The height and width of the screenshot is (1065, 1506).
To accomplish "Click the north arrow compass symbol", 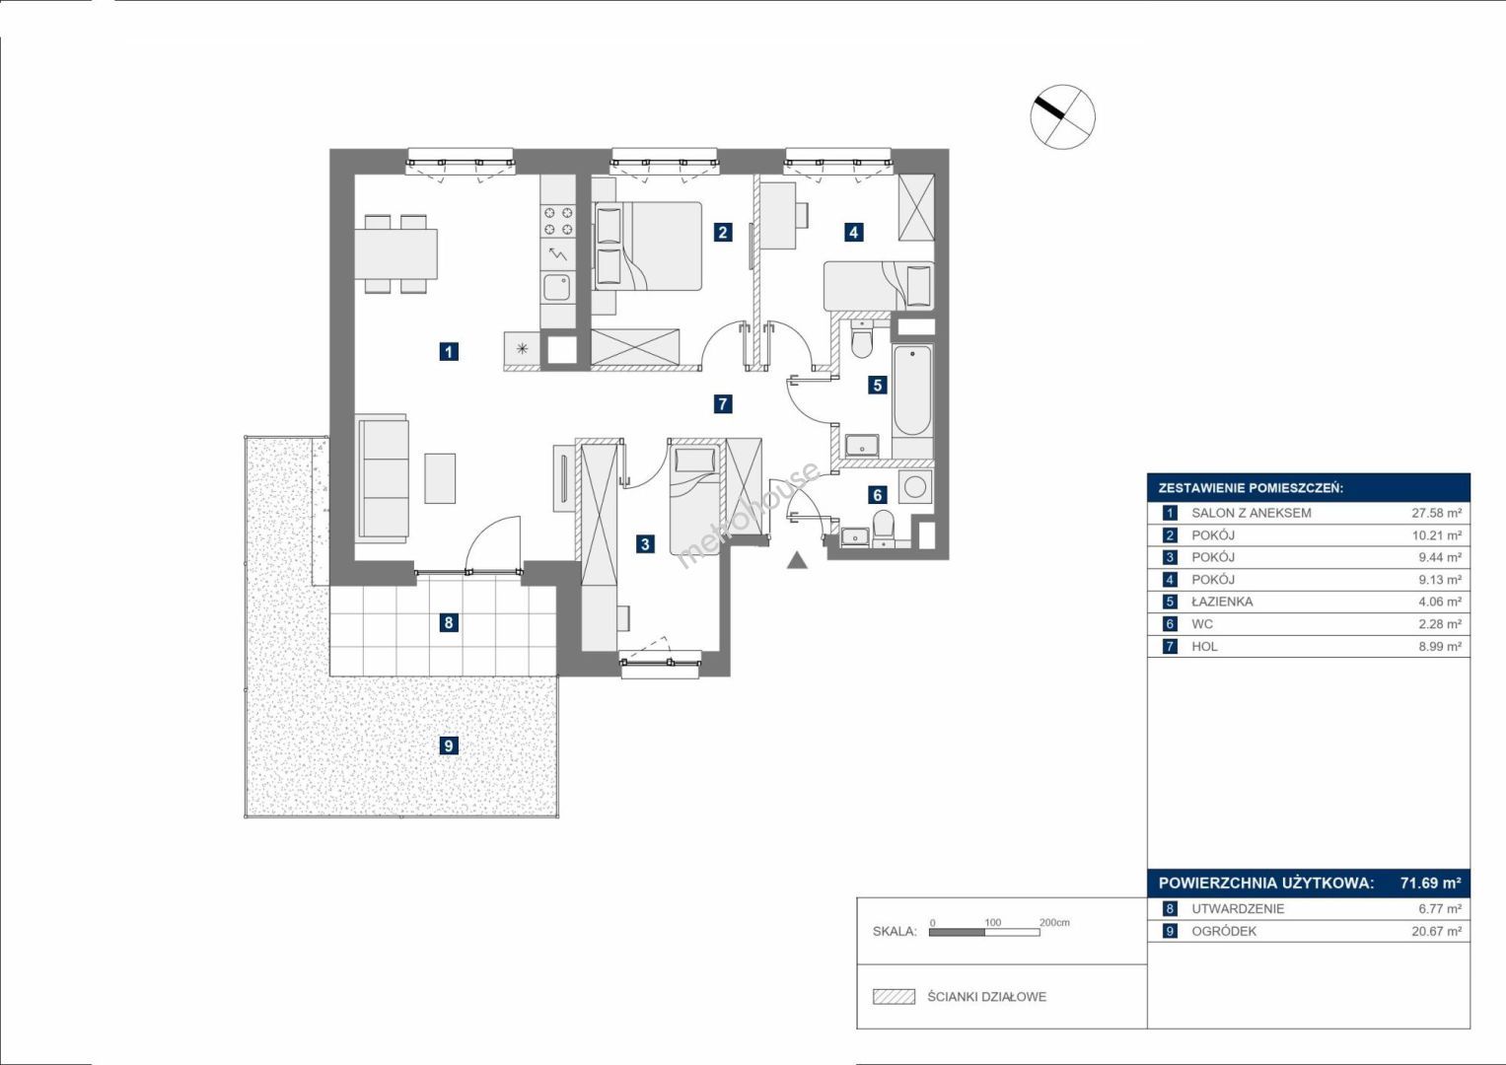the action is [x=1063, y=117].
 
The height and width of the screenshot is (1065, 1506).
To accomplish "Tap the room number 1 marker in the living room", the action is [x=449, y=351].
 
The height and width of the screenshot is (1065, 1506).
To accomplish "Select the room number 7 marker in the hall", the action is [x=722, y=403].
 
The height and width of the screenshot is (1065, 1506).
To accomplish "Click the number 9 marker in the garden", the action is [x=449, y=745].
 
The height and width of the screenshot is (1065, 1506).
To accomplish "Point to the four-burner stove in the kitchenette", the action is [x=558, y=221].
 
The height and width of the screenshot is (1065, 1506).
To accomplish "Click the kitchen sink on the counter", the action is [x=556, y=288].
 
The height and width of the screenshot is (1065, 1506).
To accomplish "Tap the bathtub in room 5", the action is [x=912, y=390].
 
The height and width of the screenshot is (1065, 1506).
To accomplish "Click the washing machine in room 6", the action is [x=914, y=486].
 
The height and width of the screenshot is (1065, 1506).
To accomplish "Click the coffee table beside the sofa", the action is [x=440, y=478].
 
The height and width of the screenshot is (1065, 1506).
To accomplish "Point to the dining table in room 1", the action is [x=396, y=254].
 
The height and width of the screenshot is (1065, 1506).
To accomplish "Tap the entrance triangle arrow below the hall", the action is [x=797, y=560].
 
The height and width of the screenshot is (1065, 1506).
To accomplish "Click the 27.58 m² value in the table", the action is [x=1436, y=513].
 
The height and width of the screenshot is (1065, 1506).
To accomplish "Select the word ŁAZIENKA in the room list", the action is [x=1222, y=602].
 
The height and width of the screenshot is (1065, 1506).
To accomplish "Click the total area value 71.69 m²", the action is [x=1431, y=883].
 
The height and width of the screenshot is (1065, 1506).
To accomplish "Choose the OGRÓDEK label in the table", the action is [x=1224, y=931].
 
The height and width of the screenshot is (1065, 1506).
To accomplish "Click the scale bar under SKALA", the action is [x=984, y=932].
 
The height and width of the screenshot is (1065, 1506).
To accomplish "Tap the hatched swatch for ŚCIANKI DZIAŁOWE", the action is [x=894, y=996].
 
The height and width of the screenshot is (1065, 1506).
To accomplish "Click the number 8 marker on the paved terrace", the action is [x=449, y=622].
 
